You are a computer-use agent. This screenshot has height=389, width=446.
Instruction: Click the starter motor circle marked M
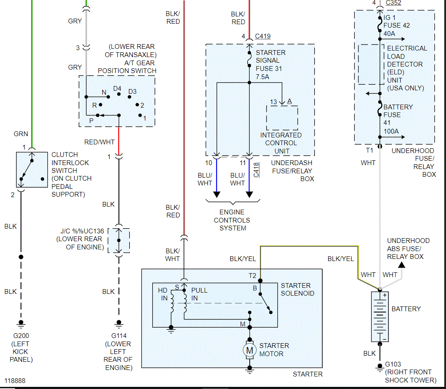point(249,350)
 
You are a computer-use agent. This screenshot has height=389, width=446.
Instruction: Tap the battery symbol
point(380,317)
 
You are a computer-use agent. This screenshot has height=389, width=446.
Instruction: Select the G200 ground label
point(21,336)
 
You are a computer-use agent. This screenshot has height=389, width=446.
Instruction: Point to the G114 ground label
point(119,336)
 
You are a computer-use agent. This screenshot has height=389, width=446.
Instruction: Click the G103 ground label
point(393,364)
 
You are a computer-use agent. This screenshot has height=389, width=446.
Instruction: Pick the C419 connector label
point(263,36)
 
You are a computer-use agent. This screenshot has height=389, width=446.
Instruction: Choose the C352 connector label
point(393,3)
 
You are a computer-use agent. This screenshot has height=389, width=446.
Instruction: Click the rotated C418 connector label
point(256,170)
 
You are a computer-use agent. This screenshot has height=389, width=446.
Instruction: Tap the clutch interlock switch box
point(32,169)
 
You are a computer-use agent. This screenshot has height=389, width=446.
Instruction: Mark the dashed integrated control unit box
point(282,118)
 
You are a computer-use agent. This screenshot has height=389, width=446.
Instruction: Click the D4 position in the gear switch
point(117,88)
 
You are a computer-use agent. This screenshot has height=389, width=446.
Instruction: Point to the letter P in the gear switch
point(91,121)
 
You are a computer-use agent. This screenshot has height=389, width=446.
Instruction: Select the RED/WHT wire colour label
point(99,142)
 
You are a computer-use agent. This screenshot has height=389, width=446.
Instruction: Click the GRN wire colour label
point(21,134)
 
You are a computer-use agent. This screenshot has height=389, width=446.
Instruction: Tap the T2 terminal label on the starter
point(252,276)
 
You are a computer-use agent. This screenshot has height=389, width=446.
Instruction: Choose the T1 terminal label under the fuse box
point(369,150)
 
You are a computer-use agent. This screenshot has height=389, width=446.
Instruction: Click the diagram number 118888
point(15,381)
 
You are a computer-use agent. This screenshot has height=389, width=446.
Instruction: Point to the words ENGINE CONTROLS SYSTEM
point(232,220)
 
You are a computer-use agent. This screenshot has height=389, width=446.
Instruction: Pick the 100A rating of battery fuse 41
point(391,131)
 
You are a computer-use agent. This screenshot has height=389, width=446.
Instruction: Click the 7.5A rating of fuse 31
point(262,77)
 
